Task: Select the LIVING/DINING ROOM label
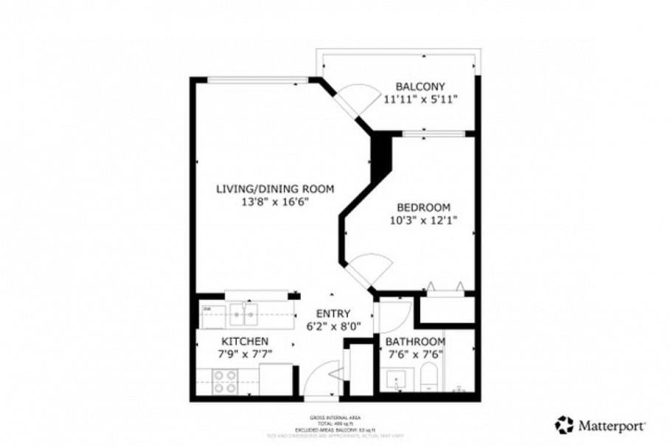coord(275,189)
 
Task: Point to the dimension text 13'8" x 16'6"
coord(275,202)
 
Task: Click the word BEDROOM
coord(423,207)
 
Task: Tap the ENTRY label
coord(333,313)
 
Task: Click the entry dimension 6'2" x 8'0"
coord(333,327)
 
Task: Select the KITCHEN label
coord(246,342)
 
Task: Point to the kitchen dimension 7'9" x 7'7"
coord(246,355)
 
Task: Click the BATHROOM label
coord(416,342)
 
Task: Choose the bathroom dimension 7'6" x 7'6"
coord(416,355)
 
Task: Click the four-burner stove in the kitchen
coord(225,381)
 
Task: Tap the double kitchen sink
coord(243,315)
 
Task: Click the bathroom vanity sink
coord(397,381)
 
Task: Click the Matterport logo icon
coord(564,424)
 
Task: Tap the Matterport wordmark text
coord(612,426)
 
